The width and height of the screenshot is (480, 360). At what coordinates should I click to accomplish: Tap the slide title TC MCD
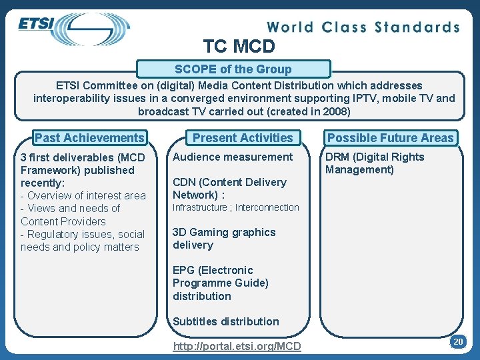click(239, 46)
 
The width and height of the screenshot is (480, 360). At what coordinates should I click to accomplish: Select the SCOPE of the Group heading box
click(233, 69)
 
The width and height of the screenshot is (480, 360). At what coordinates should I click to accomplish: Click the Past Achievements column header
click(89, 138)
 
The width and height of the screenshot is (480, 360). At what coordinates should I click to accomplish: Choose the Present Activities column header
click(243, 138)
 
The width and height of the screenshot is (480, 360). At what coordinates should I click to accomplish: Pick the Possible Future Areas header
click(391, 138)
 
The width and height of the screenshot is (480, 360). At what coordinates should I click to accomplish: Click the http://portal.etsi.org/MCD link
click(237, 346)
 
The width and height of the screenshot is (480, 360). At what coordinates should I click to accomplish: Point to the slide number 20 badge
click(457, 341)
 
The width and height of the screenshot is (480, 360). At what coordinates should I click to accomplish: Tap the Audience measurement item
click(233, 157)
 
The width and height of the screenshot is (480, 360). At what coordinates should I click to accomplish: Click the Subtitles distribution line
click(226, 321)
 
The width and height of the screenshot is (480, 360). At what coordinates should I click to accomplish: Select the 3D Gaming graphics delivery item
click(224, 239)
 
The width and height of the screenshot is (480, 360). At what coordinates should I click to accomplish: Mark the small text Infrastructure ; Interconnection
click(236, 207)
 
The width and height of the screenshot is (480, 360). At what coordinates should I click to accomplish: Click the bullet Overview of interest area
click(83, 195)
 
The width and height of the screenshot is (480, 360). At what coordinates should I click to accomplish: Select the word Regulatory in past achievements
click(53, 234)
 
